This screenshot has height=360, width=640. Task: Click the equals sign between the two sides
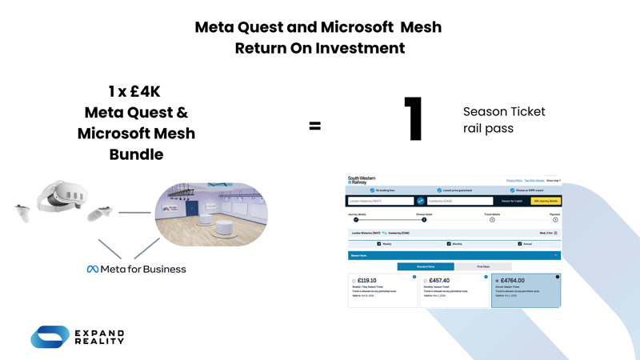click(x=315, y=126)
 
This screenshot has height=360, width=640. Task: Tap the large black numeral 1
click(x=414, y=119)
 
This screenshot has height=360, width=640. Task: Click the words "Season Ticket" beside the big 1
click(x=504, y=112)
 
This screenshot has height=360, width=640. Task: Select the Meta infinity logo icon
click(x=93, y=270)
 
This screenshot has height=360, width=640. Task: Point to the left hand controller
click(x=22, y=212)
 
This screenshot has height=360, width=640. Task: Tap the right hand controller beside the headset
click(x=100, y=214)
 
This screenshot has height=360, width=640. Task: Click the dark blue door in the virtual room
click(x=192, y=210)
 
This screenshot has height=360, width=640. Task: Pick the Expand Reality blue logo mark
click(x=50, y=337)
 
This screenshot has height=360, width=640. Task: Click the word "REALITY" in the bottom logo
click(x=100, y=342)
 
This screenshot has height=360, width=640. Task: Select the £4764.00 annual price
click(x=513, y=281)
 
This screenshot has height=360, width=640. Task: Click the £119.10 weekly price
click(x=367, y=281)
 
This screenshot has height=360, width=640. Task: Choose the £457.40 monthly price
click(x=439, y=281)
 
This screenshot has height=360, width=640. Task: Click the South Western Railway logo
click(x=362, y=181)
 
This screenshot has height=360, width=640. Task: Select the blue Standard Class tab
click(x=426, y=266)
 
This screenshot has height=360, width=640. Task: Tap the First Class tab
click(x=483, y=266)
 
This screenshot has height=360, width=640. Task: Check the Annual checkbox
click(x=520, y=244)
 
